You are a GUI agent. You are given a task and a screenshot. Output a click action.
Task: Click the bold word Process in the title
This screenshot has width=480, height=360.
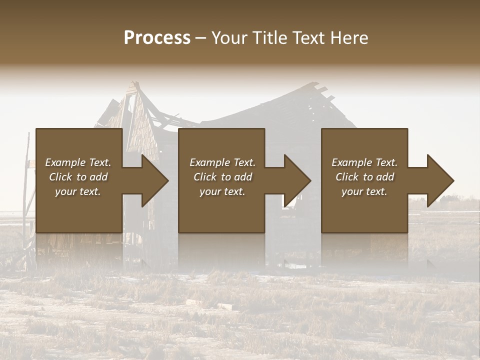pyautogui.click(x=157, y=38)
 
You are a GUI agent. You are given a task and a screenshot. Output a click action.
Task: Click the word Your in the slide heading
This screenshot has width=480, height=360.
pyautogui.click(x=228, y=38)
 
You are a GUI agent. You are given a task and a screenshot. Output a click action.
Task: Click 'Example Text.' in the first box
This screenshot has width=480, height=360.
pyautogui.click(x=78, y=162)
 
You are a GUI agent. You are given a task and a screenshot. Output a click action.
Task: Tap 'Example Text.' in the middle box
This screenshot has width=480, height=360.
pyautogui.click(x=222, y=162)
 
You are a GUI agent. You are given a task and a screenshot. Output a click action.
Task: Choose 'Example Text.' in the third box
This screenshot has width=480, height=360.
pyautogui.click(x=364, y=162)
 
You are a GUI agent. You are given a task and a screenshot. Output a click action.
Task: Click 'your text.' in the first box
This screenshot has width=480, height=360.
pyautogui.click(x=78, y=191)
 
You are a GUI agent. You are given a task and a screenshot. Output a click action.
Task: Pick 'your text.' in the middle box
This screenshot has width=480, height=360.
pyautogui.click(x=222, y=191)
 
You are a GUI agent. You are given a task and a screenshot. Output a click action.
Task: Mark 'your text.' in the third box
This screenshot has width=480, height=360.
pyautogui.click(x=364, y=191)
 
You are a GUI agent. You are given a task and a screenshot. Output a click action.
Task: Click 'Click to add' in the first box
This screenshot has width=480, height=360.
pyautogui.click(x=78, y=177)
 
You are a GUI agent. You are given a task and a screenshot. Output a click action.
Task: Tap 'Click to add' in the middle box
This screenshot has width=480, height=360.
pyautogui.click(x=222, y=177)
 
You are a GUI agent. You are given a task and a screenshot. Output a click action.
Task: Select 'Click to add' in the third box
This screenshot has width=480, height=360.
pyautogui.click(x=364, y=177)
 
